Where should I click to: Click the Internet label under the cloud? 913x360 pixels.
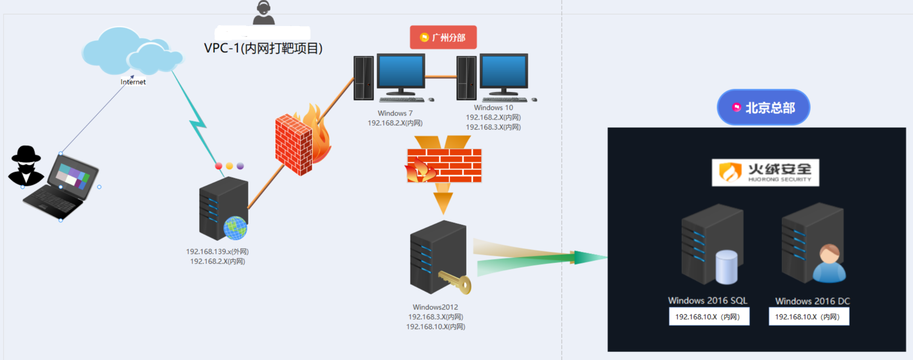[133, 82]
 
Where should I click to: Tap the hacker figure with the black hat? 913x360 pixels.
[26, 165]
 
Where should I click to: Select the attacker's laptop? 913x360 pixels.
[64, 186]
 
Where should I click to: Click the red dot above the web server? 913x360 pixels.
[218, 166]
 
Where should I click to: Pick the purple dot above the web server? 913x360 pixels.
[240, 166]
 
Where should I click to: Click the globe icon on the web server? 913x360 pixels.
[235, 228]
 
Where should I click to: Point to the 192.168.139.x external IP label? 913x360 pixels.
[217, 252]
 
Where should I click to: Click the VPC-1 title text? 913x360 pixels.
[263, 48]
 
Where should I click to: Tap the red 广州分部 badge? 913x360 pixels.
[443, 38]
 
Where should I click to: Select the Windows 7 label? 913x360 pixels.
[395, 113]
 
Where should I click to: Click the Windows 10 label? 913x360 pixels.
[493, 108]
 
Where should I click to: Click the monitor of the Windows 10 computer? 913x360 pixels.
[504, 71]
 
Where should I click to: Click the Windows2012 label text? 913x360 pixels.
[435, 307]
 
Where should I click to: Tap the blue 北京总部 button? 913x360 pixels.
[763, 108]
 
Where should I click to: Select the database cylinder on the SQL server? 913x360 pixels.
[726, 267]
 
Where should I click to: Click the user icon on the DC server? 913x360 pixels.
[829, 264]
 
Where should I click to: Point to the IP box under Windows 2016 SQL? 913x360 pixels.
[709, 317]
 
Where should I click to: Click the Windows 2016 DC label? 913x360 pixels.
[812, 301]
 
